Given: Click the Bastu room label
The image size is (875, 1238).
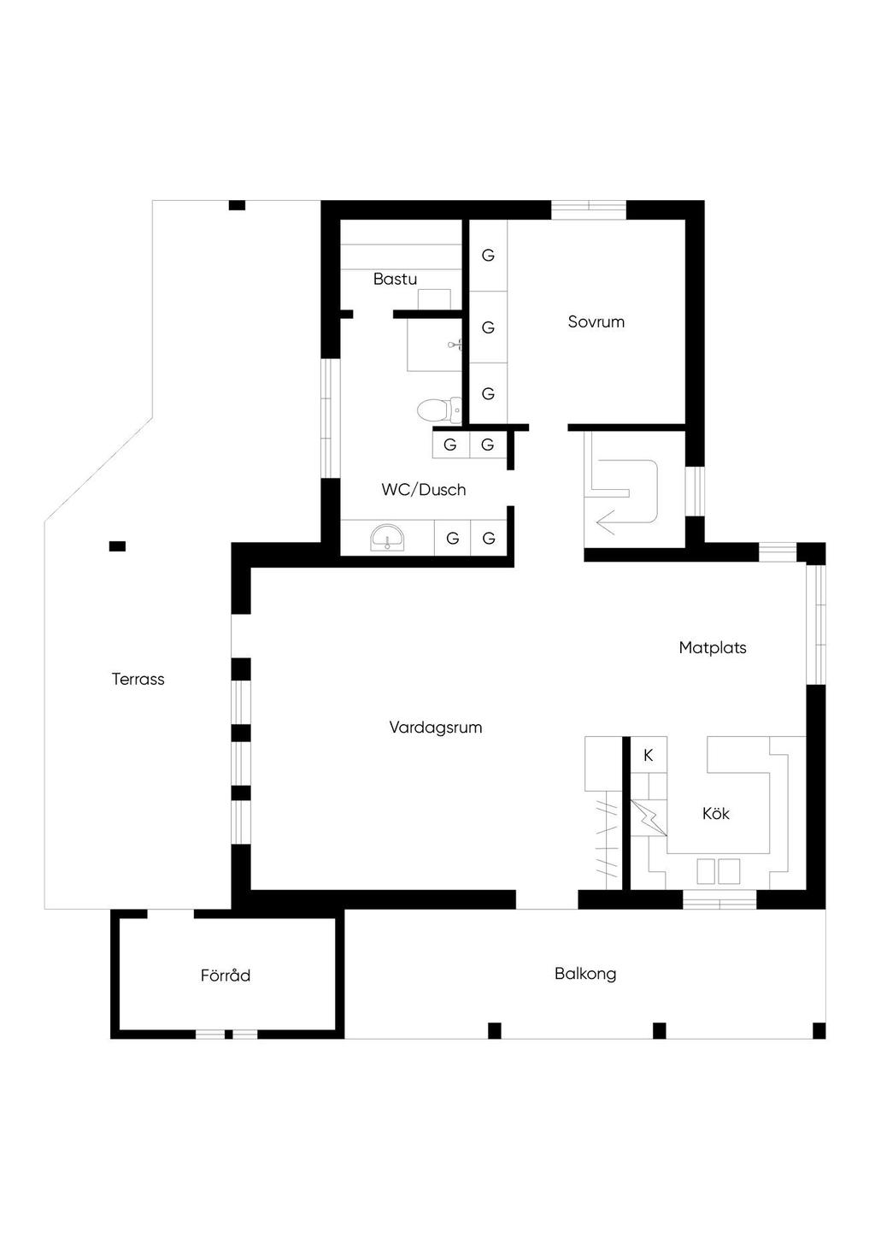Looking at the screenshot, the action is click(395, 279).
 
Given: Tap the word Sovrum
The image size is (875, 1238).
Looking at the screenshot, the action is click(596, 321).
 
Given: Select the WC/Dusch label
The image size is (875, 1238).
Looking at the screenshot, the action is click(424, 490).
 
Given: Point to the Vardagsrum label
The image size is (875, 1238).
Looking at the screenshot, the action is click(435, 728).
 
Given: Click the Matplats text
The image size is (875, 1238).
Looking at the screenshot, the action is click(713, 648).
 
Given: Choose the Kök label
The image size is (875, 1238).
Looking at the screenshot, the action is click(716, 813).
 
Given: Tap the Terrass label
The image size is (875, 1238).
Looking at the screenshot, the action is click(138, 679).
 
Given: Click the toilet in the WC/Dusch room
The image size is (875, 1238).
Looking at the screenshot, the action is click(440, 410).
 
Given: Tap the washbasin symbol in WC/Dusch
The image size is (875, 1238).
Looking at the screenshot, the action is click(387, 538).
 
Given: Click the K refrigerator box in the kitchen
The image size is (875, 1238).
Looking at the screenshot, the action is click(649, 755).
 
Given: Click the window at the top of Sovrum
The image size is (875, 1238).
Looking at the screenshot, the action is click(588, 209).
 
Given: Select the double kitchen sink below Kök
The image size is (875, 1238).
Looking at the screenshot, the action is click(718, 871).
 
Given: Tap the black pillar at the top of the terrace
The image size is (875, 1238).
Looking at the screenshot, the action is click(237, 205).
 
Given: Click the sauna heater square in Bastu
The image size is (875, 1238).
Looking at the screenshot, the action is click(434, 299).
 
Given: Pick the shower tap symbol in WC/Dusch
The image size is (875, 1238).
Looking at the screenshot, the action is click(455, 345).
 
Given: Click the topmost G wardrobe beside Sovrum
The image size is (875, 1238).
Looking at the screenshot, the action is click(488, 256).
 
